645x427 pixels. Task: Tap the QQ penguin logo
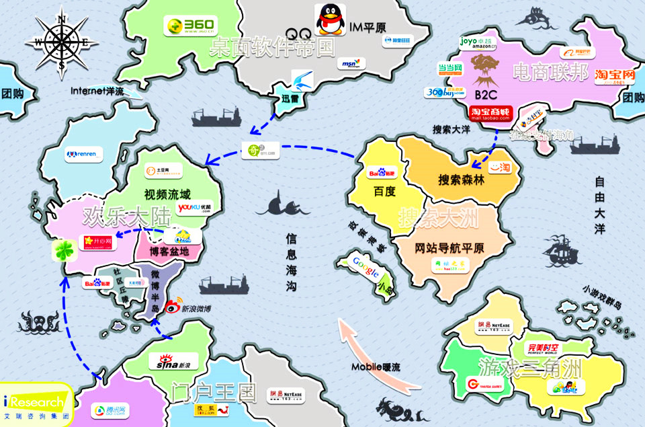click(329, 20)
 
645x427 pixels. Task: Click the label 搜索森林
click(461, 180)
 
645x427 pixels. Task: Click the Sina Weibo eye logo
click(173, 307)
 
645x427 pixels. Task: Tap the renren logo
click(85, 155)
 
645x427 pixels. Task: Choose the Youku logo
click(195, 209)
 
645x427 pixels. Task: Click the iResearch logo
click(36, 403)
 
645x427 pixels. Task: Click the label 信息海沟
click(292, 262)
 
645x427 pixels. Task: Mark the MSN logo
click(349, 63)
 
